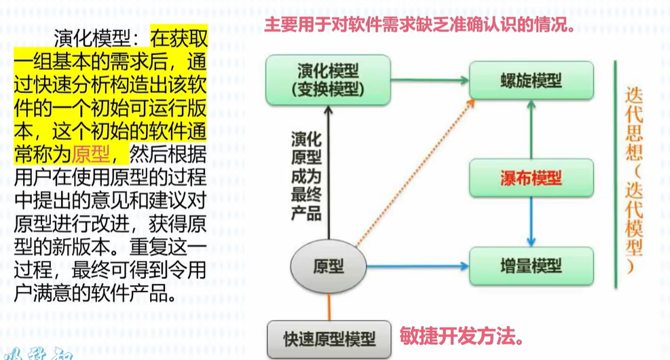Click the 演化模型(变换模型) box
(x=329, y=79)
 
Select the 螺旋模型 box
(x=531, y=80)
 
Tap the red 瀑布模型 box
(x=531, y=179)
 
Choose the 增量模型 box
(x=531, y=266)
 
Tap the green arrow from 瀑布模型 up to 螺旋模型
(x=532, y=129)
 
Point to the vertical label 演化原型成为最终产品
(x=306, y=175)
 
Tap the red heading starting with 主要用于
(x=420, y=26)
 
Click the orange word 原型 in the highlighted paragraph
(x=90, y=154)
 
